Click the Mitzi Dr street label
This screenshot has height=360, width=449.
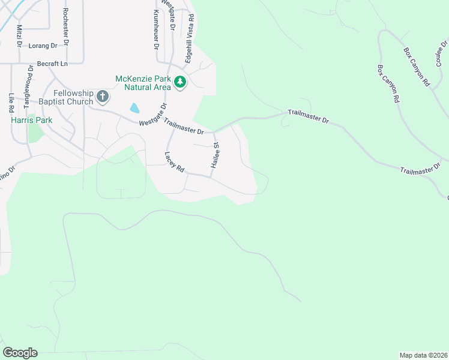click(x=19, y=36)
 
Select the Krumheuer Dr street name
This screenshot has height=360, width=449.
click(x=155, y=29)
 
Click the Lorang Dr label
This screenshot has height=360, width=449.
click(x=43, y=46)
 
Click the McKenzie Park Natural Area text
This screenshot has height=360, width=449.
click(x=142, y=83)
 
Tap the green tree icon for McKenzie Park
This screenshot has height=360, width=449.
click(x=179, y=82)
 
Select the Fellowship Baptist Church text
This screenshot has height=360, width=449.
click(x=73, y=97)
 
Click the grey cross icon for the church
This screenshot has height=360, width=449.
click(x=103, y=96)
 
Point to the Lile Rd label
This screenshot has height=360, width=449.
click(x=11, y=103)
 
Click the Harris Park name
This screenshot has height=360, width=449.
click(x=32, y=120)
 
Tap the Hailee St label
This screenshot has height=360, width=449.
click(x=214, y=155)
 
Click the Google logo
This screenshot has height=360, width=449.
click(x=20, y=353)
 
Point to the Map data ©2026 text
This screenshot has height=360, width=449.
click(x=423, y=355)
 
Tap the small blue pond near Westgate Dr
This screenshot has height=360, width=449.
click(x=134, y=108)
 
